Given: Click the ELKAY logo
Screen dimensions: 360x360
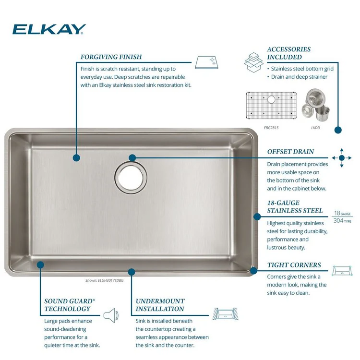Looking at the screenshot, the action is [x=49, y=29].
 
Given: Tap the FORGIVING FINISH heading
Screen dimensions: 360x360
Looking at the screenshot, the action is [x=111, y=57].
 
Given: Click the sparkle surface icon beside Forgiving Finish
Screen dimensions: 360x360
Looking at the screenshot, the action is [x=206, y=62].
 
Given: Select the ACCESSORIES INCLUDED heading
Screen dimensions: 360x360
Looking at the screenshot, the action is [x=289, y=53].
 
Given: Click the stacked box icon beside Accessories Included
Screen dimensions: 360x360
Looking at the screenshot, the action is [x=254, y=62].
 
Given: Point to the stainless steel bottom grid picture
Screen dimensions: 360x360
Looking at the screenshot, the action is [x=271, y=106].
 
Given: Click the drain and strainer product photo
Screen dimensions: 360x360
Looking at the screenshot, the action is [x=315, y=105].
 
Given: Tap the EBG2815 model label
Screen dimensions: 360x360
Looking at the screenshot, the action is [x=271, y=128].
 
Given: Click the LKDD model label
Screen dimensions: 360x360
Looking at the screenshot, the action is [x=315, y=128].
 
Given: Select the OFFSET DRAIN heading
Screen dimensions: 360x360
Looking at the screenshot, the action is [x=290, y=152].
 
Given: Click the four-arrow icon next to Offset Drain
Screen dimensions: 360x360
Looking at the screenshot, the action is [x=342, y=158].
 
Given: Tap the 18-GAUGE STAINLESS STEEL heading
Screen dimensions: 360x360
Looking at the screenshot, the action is [x=295, y=206].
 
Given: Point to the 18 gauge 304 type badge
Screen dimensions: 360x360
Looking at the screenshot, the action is [x=342, y=217].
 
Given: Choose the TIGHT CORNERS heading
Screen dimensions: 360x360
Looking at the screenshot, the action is [x=294, y=265].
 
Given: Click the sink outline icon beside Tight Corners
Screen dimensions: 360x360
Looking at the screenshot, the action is [x=342, y=271].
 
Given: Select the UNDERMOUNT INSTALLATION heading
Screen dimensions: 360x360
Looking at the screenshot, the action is [x=160, y=305].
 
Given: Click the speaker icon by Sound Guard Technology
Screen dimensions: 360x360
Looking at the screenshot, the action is [x=111, y=315].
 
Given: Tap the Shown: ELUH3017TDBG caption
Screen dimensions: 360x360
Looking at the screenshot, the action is [x=105, y=280].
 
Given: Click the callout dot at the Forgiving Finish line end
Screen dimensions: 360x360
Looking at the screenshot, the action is [x=76, y=158].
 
